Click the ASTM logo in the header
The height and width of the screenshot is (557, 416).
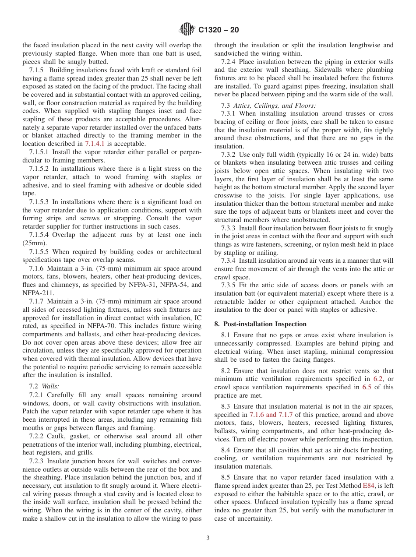pos(187,30)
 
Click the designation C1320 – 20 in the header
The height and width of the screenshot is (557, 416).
pos(219,30)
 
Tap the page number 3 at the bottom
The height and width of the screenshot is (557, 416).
pos(208,538)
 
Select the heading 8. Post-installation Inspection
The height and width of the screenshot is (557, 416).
pos(261,324)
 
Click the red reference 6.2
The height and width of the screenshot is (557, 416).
pos(377,379)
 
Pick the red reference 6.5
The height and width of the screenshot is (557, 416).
pos(367,387)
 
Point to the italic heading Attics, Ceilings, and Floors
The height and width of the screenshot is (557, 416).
pos(274,106)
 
